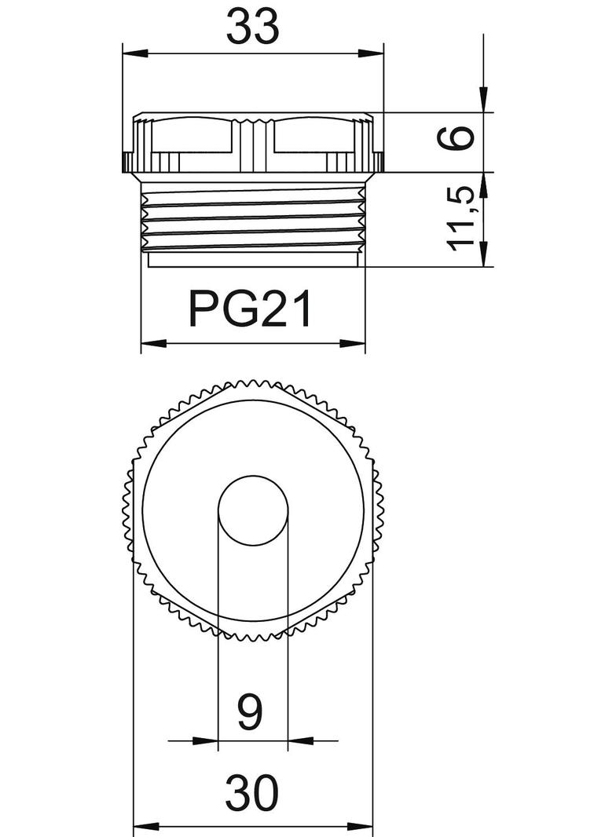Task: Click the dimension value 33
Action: tap(253, 27)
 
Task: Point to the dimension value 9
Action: tap(250, 713)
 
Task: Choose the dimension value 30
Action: tap(252, 793)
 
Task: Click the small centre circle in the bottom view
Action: tap(253, 511)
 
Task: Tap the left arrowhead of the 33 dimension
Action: tap(135, 53)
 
